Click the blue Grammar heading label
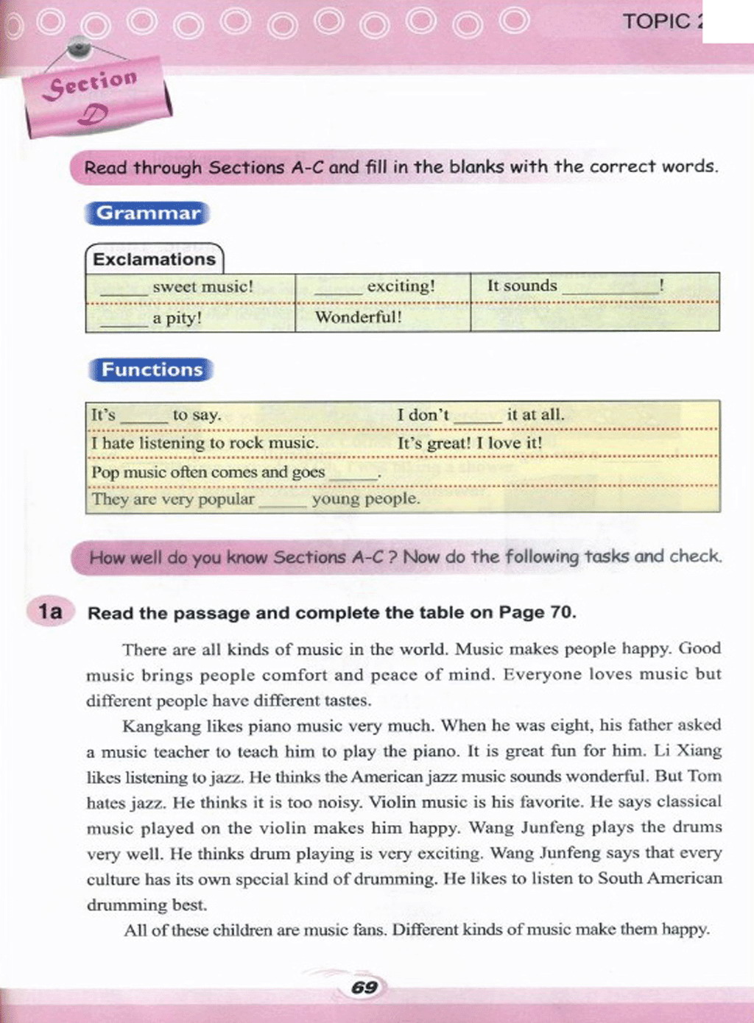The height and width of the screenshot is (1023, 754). coord(148,213)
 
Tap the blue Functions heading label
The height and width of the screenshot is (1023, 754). coord(152,369)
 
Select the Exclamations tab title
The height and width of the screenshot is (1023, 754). coord(154,259)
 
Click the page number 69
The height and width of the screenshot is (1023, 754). coord(364,987)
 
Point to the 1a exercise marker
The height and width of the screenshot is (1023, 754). coord(50,612)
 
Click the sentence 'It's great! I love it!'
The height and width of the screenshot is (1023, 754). coord(469,443)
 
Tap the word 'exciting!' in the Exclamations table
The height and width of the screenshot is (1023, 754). coord(401,286)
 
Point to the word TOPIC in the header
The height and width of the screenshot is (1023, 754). coord(656,21)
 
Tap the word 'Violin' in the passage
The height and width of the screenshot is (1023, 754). coord(392,802)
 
